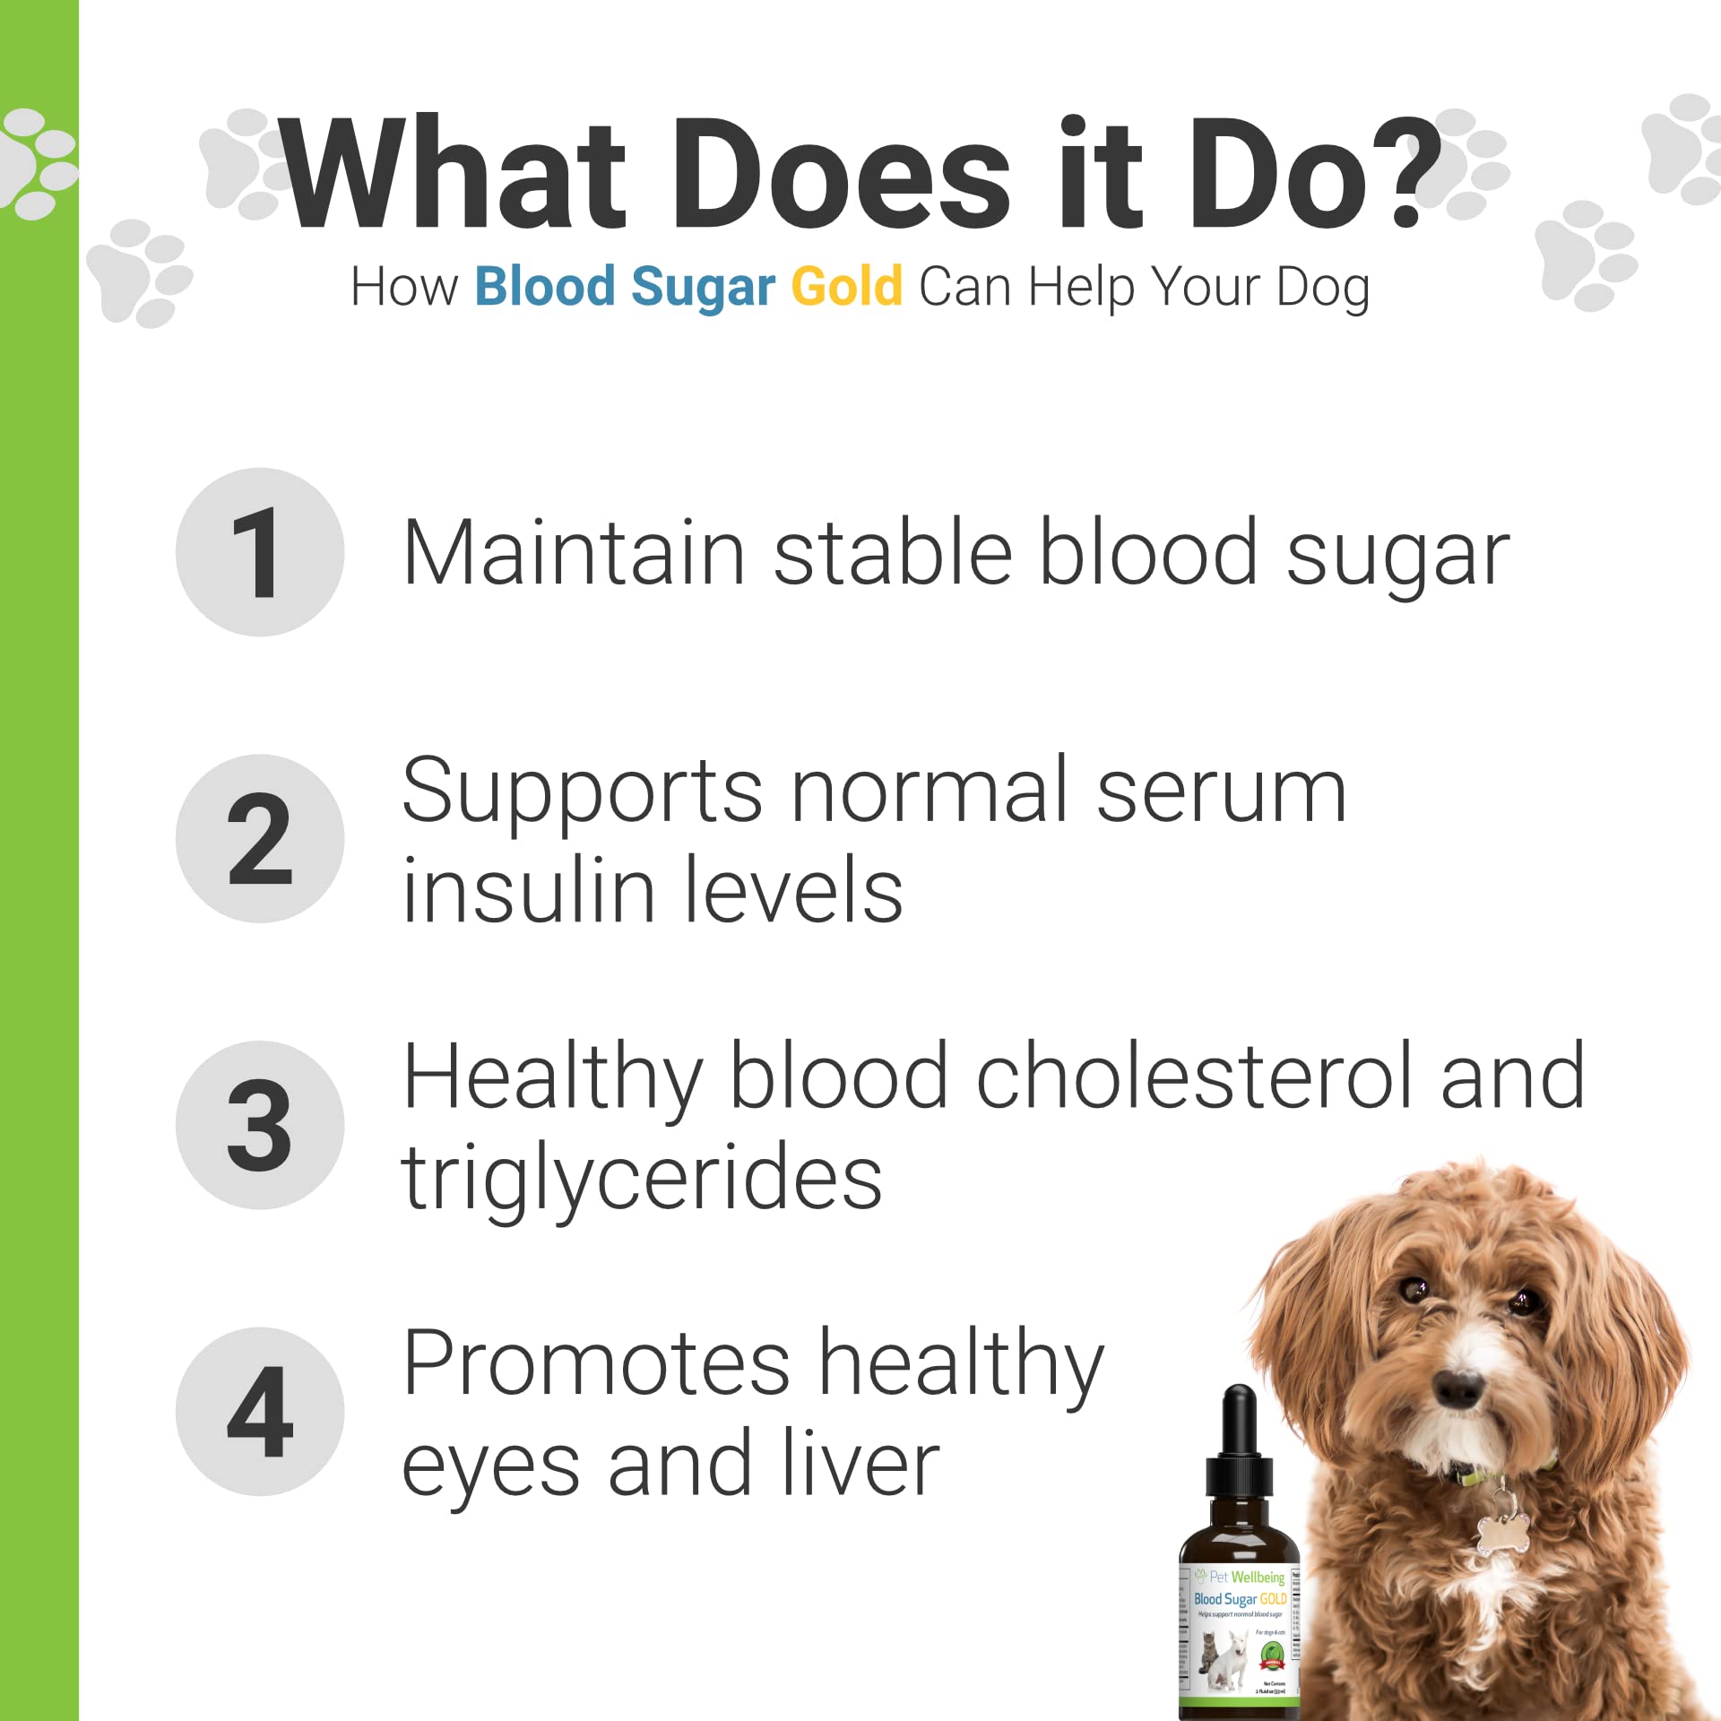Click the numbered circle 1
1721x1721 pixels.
(x=260, y=552)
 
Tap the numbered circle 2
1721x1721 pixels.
(x=260, y=839)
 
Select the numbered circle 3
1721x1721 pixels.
(x=260, y=1125)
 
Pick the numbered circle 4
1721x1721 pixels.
(x=260, y=1412)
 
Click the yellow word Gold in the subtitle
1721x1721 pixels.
(x=846, y=287)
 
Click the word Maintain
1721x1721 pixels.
(x=574, y=553)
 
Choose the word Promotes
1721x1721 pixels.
(x=596, y=1364)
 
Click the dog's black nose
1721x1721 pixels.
(x=1458, y=1388)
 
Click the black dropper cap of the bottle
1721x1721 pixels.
(x=1240, y=1452)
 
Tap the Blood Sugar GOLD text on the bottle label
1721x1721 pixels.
(x=1240, y=1599)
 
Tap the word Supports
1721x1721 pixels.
(x=583, y=791)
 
